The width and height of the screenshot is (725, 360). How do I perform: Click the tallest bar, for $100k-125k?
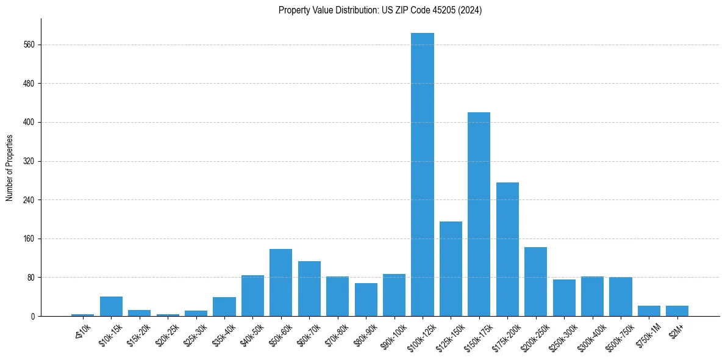423,175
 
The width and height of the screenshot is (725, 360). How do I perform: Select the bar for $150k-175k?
479,214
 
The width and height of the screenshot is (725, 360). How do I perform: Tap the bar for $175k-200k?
507,249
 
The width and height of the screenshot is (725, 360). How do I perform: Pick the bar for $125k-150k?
451,268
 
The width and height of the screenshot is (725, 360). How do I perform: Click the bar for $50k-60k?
280,283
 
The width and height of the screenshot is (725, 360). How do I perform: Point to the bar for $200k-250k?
535,281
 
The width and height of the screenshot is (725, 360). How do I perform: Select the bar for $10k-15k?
111,306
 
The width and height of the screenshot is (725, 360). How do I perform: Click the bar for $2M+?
677,311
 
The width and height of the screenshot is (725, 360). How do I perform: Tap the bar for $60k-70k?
309,289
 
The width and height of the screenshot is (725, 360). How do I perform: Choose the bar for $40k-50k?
252,295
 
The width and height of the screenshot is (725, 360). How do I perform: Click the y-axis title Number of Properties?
9,168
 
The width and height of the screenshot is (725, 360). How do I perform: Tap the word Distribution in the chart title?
355,10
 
